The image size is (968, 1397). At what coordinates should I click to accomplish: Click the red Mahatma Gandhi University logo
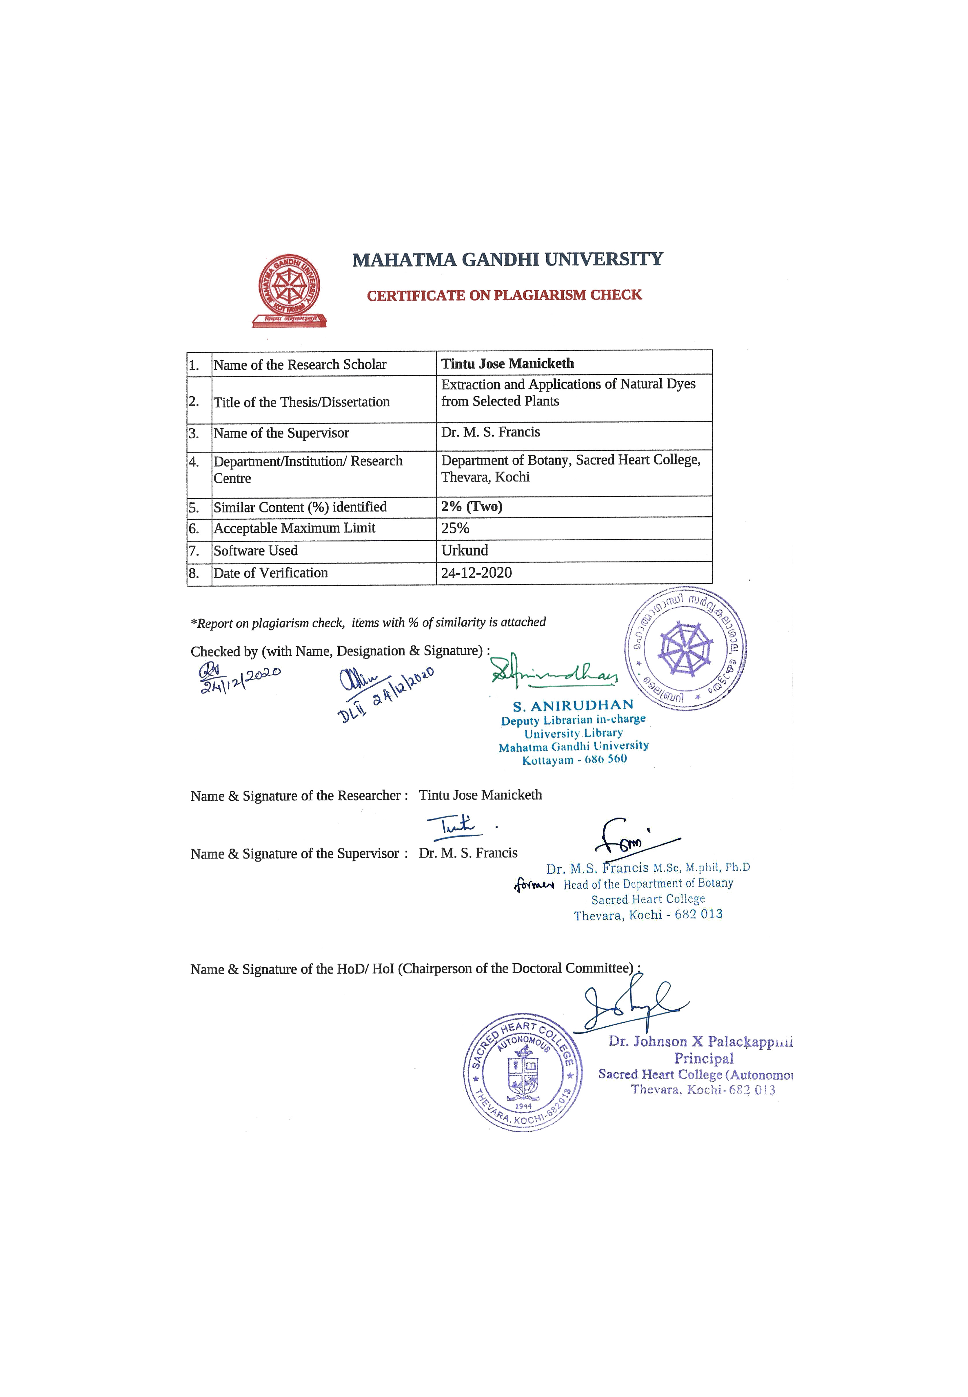pyautogui.click(x=289, y=291)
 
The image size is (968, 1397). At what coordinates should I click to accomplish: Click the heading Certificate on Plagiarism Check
pyautogui.click(x=504, y=295)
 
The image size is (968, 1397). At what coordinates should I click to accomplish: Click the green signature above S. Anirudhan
pyautogui.click(x=554, y=672)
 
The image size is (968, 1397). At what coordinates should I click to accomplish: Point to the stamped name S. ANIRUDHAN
pyautogui.click(x=573, y=706)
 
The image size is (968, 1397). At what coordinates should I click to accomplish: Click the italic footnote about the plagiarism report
pyautogui.click(x=368, y=622)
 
